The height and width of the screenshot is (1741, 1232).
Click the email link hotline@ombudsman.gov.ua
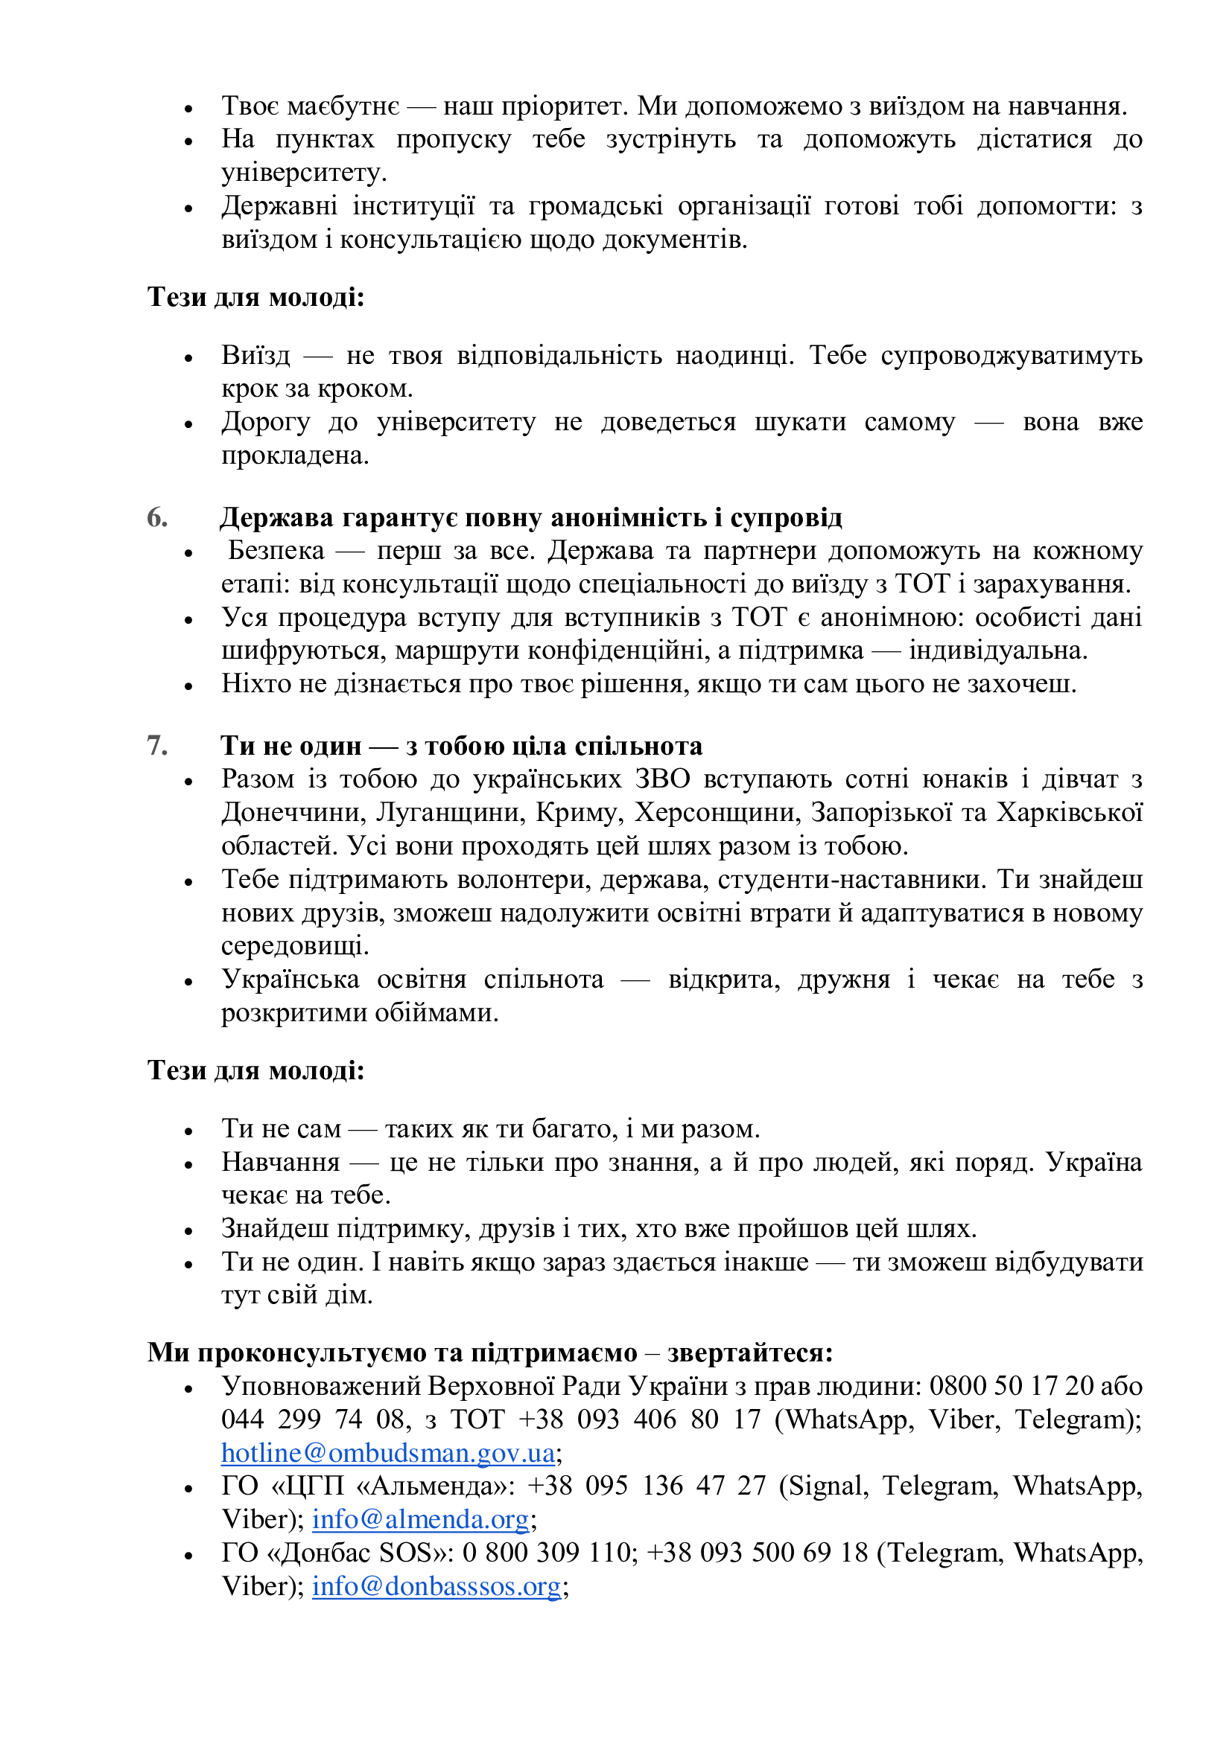(x=387, y=1453)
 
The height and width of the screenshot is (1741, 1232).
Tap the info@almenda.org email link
(x=419, y=1520)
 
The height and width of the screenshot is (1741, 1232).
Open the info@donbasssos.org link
(x=436, y=1586)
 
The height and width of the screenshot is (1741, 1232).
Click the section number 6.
(x=157, y=518)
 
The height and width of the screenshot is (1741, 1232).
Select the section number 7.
(x=157, y=746)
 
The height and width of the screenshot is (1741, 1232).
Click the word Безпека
(x=276, y=551)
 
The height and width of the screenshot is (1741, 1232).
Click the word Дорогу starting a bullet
(x=265, y=422)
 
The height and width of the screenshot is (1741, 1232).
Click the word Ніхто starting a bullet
(x=255, y=684)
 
